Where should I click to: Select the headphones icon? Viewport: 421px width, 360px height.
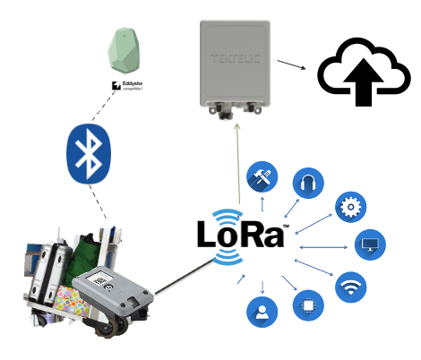point(309,181)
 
